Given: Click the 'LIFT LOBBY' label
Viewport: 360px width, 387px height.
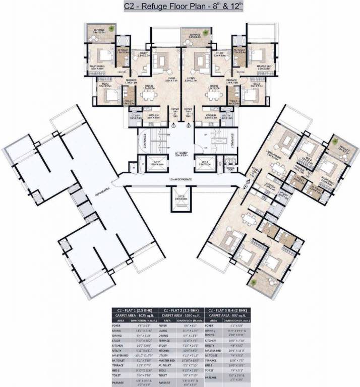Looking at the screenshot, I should (x=181, y=154).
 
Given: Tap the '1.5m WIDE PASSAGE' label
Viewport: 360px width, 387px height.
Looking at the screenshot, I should (x=180, y=179).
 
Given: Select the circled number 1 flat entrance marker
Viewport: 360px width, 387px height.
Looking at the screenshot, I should (x=172, y=126).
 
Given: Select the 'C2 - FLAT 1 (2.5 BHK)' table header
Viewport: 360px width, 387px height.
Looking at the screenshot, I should (x=134, y=310).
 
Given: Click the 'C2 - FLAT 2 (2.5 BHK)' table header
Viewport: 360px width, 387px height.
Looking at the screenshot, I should (x=182, y=310).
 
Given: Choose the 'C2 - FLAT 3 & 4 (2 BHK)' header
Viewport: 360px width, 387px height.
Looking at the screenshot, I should (x=229, y=310).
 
